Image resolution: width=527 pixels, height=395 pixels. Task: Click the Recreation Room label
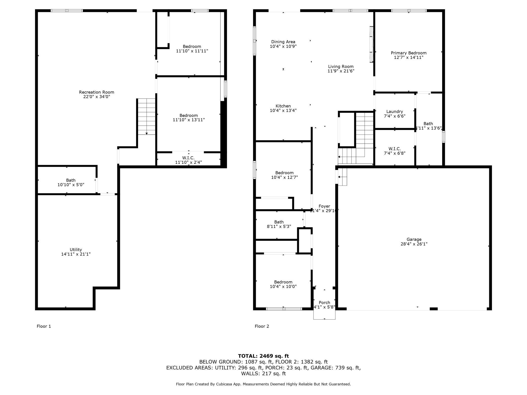[97, 92]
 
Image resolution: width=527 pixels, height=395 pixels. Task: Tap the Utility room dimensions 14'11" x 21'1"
[76, 254]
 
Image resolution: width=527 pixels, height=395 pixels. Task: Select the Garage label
[414, 239]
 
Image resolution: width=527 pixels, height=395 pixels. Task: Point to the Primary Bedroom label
[408, 53]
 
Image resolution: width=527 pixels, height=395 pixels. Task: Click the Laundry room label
[394, 112]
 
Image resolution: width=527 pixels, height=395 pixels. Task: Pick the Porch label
[324, 303]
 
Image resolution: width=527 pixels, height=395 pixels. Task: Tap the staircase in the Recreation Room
[146, 116]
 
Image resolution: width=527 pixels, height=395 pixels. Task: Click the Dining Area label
[283, 42]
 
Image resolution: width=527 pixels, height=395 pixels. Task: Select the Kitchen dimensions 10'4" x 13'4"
[283, 110]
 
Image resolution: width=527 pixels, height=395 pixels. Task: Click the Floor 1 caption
[44, 326]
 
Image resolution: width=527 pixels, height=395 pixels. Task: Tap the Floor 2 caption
[262, 326]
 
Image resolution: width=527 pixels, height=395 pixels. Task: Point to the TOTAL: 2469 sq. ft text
[263, 356]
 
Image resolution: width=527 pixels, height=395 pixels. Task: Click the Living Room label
[341, 67]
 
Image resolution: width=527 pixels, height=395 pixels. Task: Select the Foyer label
[324, 206]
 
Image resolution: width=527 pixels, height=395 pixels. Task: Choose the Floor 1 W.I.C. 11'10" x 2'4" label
[188, 160]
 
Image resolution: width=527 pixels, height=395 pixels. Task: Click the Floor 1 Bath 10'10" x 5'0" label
[71, 182]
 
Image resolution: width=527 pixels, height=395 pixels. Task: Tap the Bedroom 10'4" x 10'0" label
[283, 284]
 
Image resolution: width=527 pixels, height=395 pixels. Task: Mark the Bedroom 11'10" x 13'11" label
[189, 117]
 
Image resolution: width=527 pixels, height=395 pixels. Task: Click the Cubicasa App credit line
[263, 384]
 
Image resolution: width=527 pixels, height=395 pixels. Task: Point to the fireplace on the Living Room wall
[371, 44]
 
